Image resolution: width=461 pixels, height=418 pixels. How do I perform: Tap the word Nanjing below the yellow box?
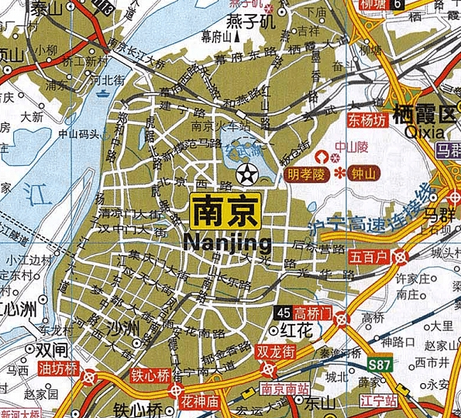[x=228, y=244]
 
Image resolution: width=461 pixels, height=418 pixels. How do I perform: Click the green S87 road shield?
[x=379, y=363]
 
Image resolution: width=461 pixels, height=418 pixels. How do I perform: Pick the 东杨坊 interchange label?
[x=366, y=121]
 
